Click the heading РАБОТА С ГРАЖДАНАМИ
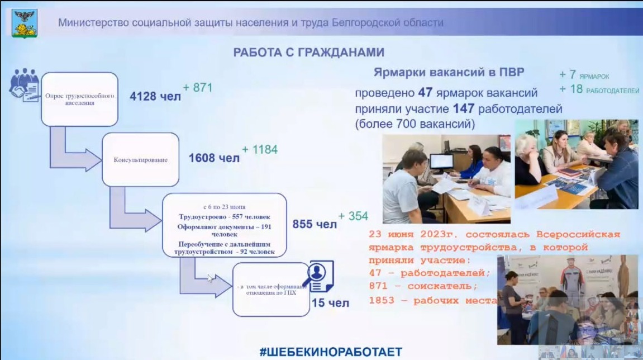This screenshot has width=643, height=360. point(308,53)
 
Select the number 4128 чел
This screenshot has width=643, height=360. point(155,96)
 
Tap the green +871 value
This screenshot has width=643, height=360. point(198,88)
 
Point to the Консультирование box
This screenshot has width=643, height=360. point(140,159)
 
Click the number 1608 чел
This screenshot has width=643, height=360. point(214,158)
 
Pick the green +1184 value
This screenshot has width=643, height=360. point(260,150)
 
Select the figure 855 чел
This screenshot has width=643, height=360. point(315,224)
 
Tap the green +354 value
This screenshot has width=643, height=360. point(353,216)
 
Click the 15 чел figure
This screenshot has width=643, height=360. point(330,303)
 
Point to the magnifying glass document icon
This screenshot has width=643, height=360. point(319,276)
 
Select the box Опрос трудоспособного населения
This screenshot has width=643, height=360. point(79,99)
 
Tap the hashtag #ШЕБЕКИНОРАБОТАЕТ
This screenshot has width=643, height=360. point(331,352)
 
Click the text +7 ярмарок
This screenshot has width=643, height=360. point(584,75)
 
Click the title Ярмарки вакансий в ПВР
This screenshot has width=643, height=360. point(449,73)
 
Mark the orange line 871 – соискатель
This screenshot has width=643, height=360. point(423,286)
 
